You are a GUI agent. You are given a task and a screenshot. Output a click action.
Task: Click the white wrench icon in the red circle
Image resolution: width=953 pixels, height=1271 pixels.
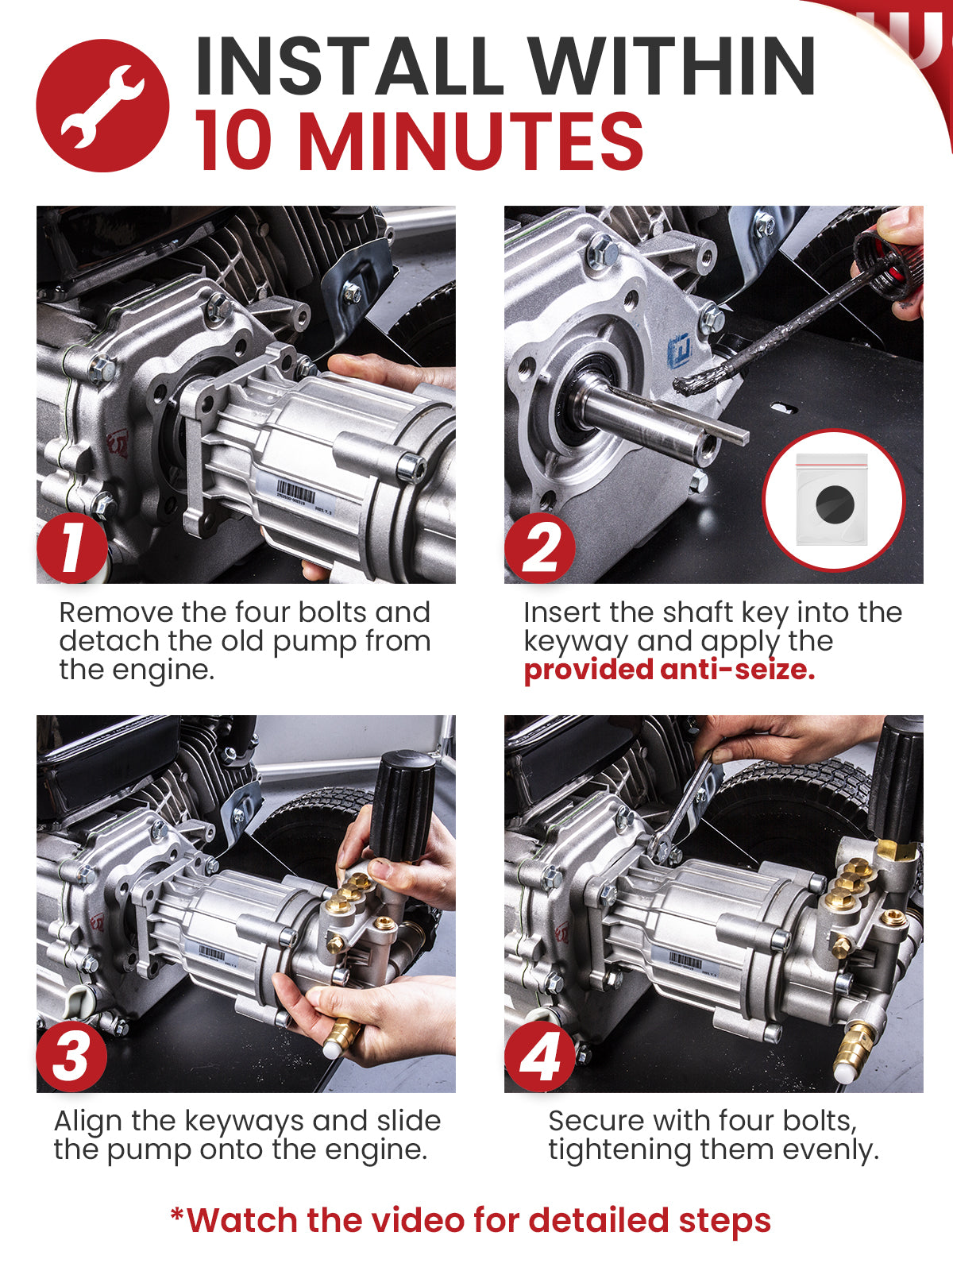coord(102,106)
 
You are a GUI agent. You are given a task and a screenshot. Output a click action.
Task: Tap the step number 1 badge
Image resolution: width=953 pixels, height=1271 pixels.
coord(71,548)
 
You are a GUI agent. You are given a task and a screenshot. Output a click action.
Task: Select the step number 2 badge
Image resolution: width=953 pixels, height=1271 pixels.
coord(540,548)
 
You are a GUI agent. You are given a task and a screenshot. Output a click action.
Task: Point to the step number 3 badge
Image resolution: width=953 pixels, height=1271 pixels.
coord(71,1057)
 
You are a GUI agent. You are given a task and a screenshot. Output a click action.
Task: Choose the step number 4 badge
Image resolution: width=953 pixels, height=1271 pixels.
coord(540,1057)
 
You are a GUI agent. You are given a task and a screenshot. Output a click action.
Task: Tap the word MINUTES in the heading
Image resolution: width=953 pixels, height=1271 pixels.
coord(470,141)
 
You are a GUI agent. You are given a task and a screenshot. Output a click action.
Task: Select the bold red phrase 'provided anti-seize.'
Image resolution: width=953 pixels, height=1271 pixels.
coord(669,670)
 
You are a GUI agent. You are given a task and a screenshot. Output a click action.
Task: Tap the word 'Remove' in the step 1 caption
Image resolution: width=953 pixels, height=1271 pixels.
coord(116,612)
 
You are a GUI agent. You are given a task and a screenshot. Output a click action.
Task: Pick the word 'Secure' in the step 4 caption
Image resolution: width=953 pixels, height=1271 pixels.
coord(595,1122)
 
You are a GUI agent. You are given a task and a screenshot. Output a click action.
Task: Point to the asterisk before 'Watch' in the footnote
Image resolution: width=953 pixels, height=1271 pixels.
coord(177,1215)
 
